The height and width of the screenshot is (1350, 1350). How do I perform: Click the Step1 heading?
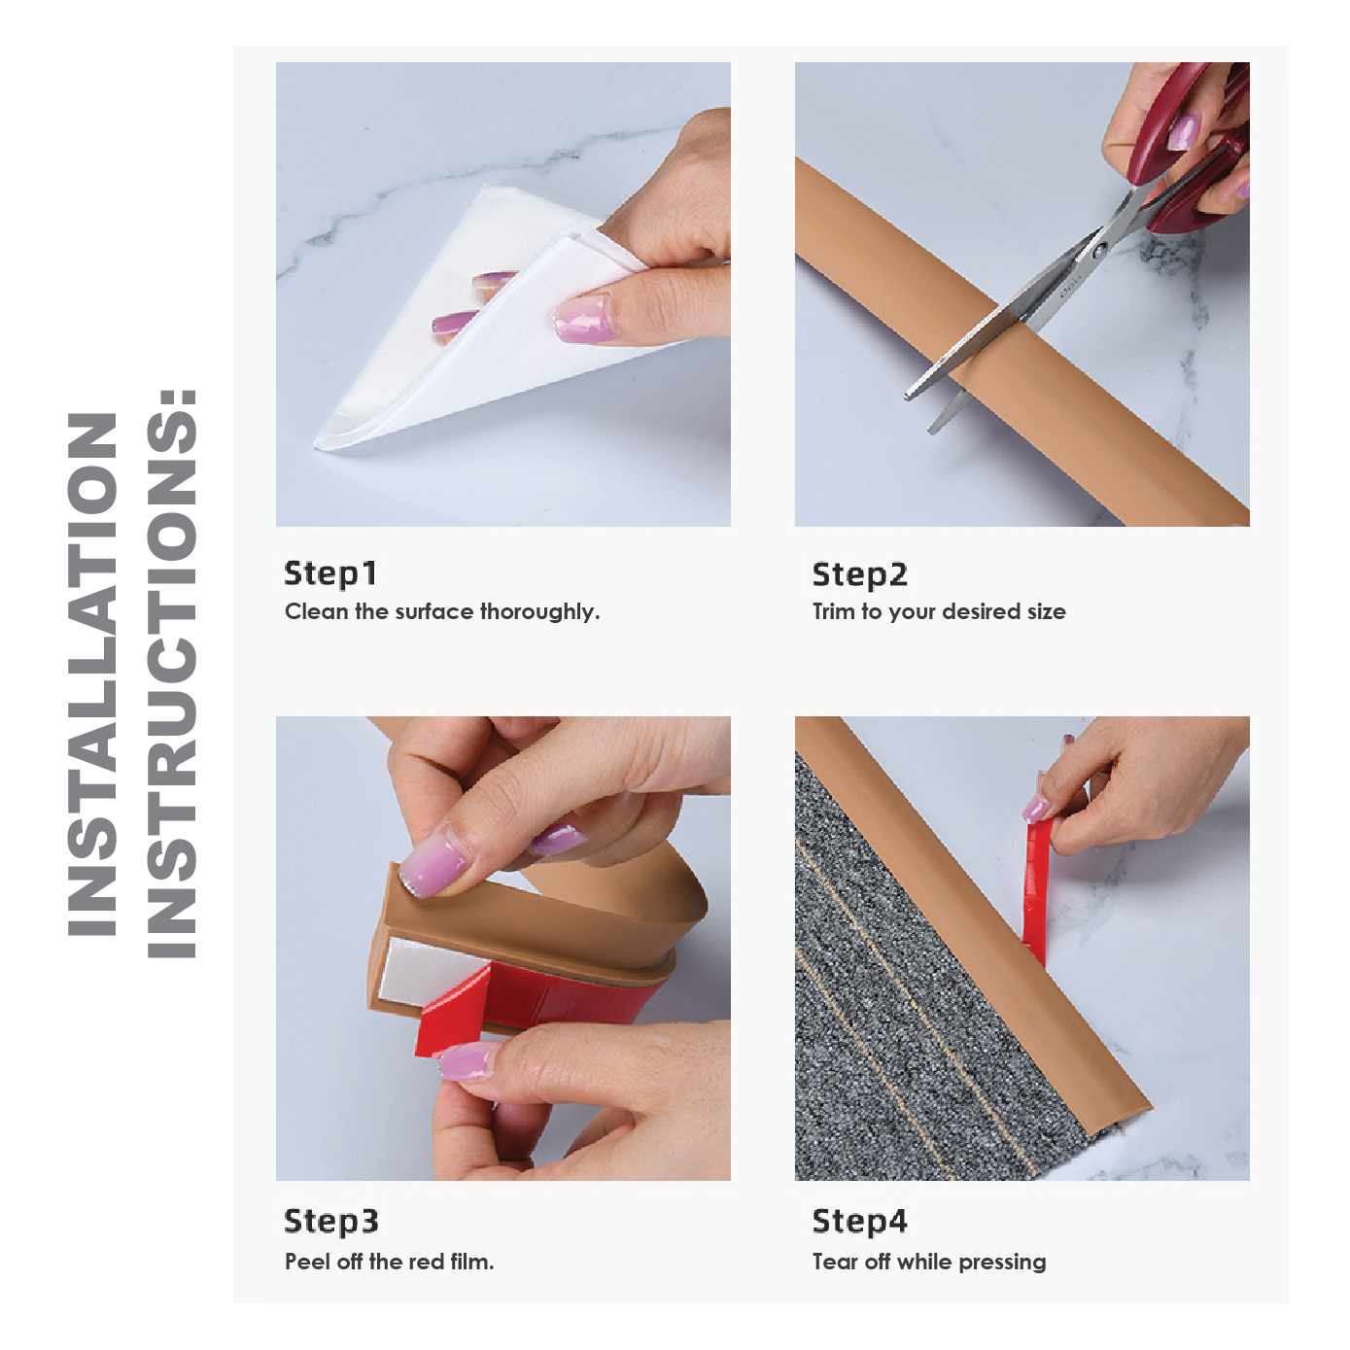coord(329,573)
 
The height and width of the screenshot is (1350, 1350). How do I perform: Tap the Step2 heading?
coord(859,574)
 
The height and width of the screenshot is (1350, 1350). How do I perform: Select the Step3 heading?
coord(330,1222)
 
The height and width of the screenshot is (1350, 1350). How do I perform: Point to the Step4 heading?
coord(859,1222)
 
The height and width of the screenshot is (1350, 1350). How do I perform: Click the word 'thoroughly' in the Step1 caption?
coord(538,612)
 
